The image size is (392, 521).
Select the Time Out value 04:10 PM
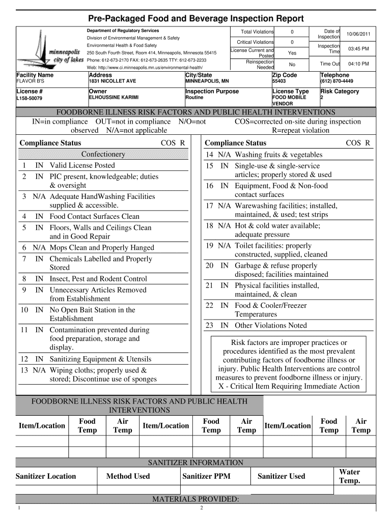(358, 64)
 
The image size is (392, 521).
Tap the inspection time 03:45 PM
(358, 49)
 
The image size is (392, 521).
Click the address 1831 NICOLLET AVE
(112, 81)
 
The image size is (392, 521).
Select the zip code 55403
(279, 81)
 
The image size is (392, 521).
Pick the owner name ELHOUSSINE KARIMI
(114, 97)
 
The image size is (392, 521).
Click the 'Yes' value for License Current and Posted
(292, 53)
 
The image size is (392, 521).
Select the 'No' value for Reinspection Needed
(292, 65)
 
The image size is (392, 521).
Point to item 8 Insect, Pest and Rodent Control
(98, 279)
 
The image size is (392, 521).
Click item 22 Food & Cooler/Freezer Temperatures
(270, 310)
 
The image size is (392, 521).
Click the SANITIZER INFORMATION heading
(195, 462)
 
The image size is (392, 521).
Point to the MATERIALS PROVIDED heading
(195, 499)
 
